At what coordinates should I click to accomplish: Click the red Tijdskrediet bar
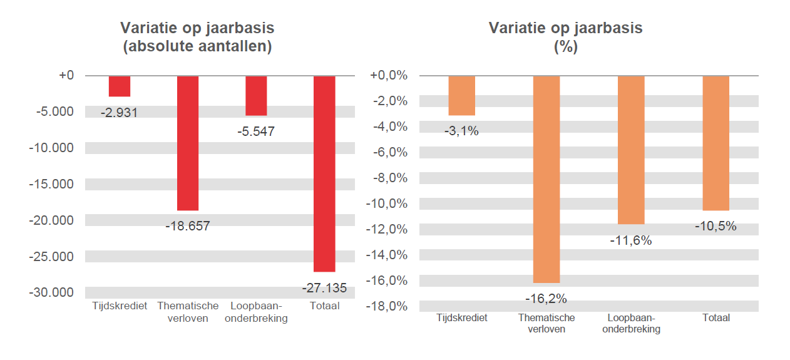(119, 86)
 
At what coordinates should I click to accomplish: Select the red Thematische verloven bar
(187, 143)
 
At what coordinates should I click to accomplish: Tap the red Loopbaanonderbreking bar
(255, 95)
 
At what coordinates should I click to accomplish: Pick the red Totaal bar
(324, 173)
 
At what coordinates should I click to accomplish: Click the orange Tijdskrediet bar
(461, 95)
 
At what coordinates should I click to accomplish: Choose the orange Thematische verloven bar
(546, 179)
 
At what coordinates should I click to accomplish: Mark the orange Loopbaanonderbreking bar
(631, 150)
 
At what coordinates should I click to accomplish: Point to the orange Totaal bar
(716, 143)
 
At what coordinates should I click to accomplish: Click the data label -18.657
(188, 226)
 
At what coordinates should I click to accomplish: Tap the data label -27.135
(324, 288)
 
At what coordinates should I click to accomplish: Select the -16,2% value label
(546, 299)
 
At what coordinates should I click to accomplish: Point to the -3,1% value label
(461, 131)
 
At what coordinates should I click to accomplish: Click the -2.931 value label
(119, 113)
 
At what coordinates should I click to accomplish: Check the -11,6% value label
(631, 240)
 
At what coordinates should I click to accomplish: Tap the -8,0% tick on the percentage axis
(389, 178)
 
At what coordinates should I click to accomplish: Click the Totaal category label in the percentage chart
(716, 318)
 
